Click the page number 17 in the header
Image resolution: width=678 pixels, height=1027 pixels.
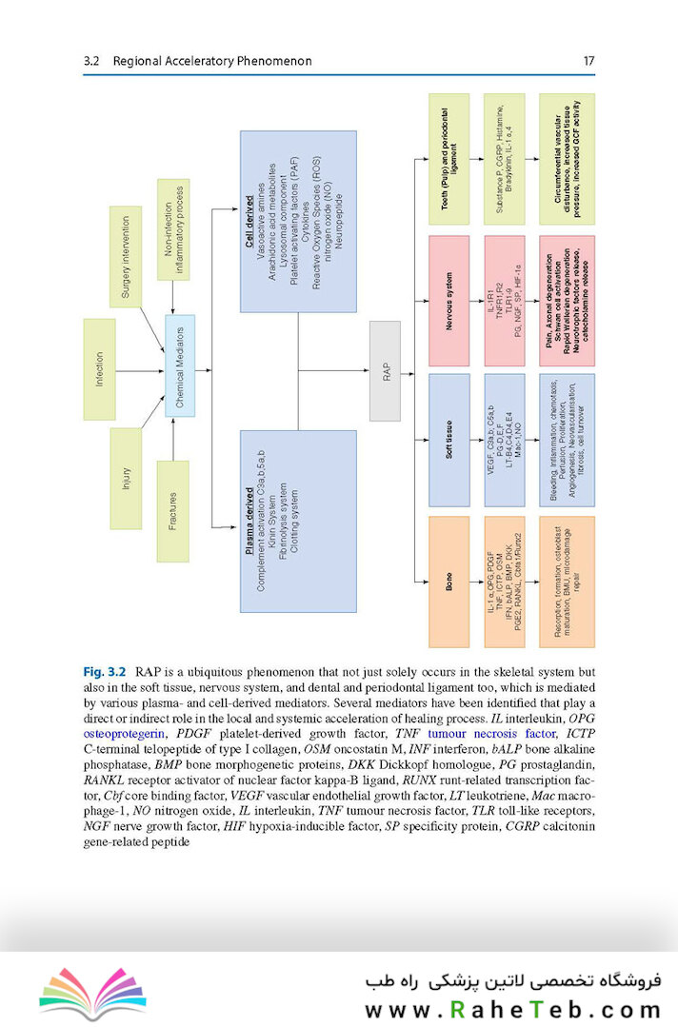click(x=588, y=61)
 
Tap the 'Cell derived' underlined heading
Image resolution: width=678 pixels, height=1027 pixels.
click(x=249, y=228)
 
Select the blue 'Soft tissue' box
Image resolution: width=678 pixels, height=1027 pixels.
click(x=449, y=442)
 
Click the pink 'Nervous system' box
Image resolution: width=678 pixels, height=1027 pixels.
click(x=449, y=301)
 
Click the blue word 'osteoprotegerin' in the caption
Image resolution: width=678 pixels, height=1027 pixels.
click(x=128, y=734)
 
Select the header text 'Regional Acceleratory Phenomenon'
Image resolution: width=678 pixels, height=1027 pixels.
click(x=211, y=61)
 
